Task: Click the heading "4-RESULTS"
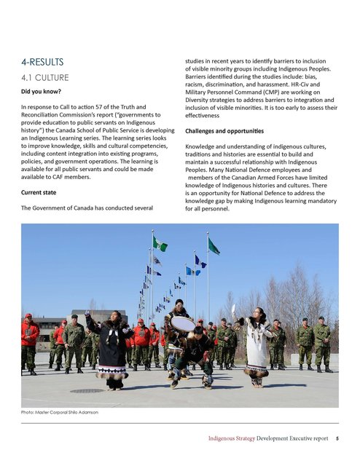pos(44,62)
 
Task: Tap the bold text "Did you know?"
pos(41,92)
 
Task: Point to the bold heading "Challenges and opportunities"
pos(223,132)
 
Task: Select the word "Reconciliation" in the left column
pos(44,117)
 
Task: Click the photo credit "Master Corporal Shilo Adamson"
pos(75,412)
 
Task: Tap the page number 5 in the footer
pos(336,440)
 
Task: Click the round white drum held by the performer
pos(182,323)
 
